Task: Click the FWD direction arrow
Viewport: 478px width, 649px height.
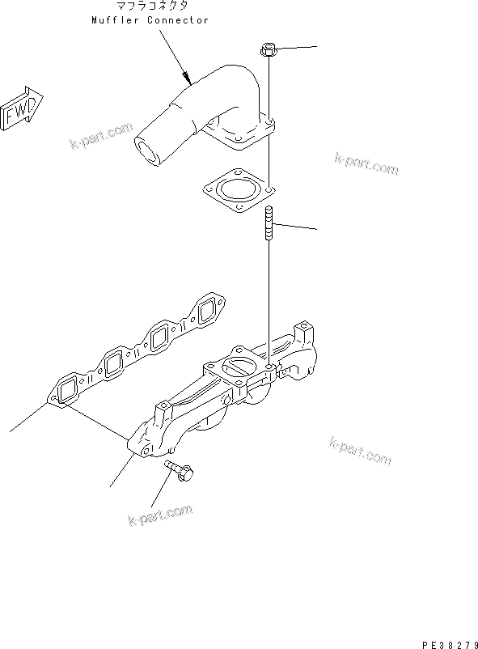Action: (x=20, y=108)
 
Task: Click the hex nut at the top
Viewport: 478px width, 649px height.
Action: (x=269, y=51)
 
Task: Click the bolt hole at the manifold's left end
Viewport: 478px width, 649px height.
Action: (x=145, y=450)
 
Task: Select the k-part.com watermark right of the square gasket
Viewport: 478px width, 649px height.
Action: (x=366, y=164)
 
